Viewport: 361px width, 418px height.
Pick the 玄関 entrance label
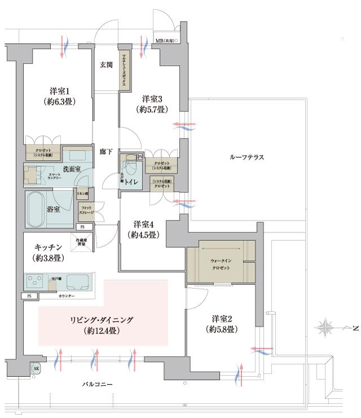(x=105, y=64)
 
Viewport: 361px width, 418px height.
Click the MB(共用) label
(x=167, y=41)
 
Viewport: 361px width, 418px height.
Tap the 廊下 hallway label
(x=105, y=152)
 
